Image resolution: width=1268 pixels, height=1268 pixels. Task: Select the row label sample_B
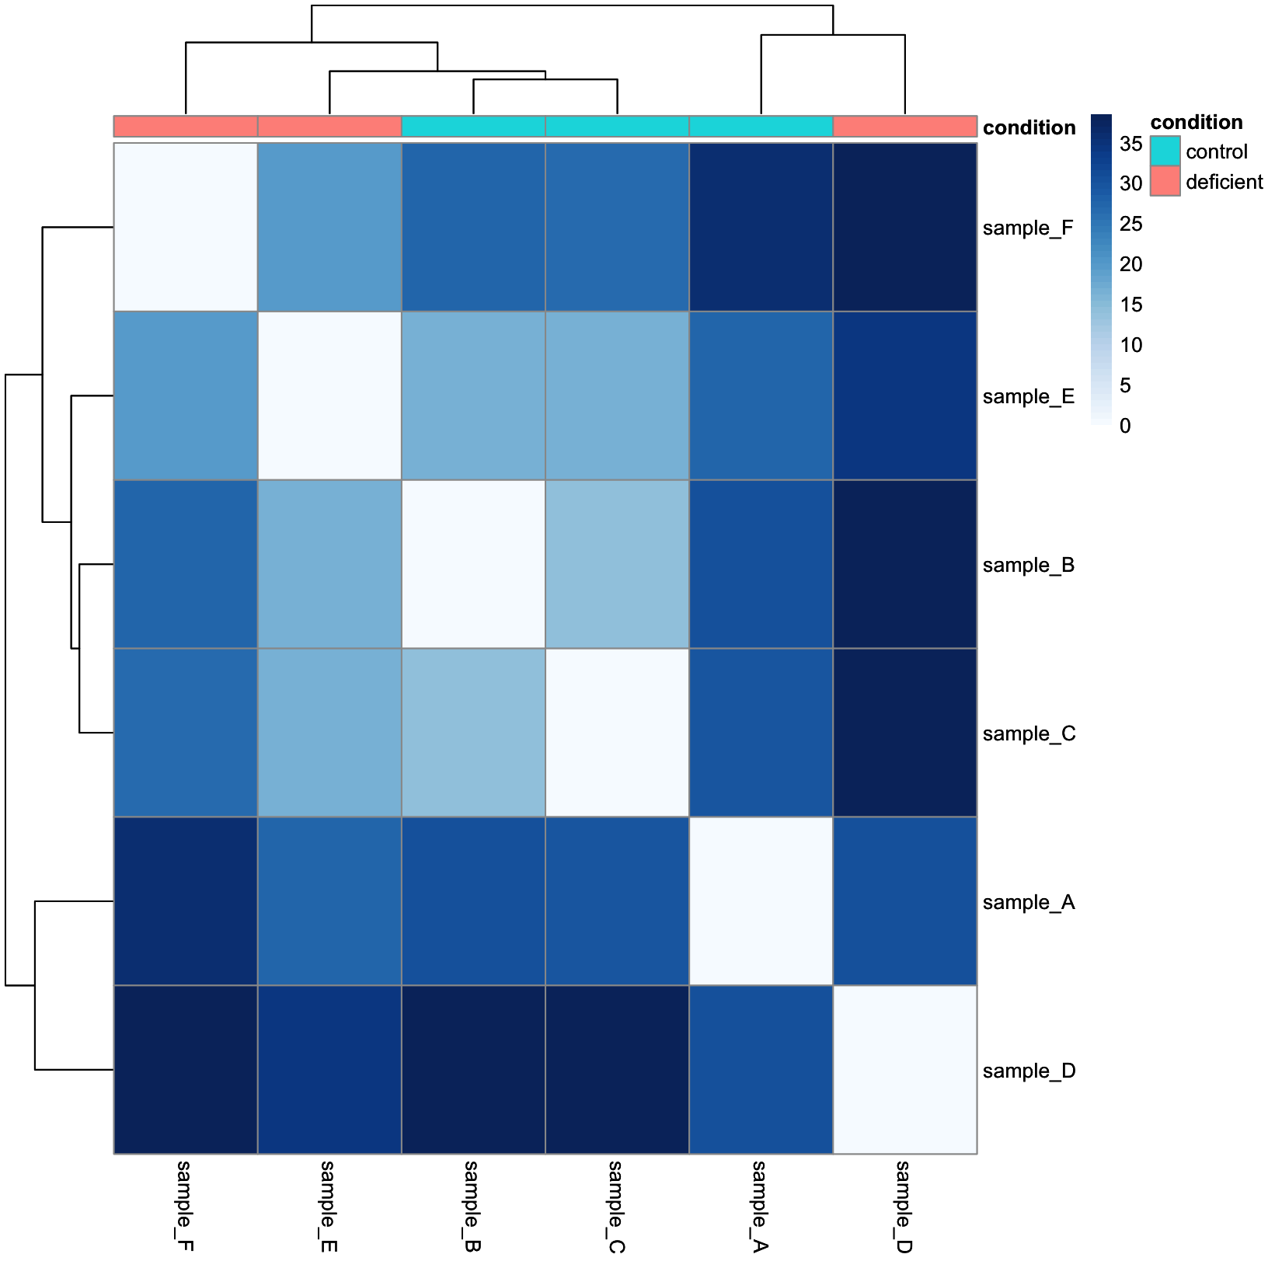tap(1028, 565)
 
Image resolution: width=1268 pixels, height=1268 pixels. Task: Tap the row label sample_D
tap(1029, 1071)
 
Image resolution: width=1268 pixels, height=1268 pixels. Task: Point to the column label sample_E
tap(329, 1207)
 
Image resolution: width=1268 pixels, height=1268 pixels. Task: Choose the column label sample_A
tap(760, 1207)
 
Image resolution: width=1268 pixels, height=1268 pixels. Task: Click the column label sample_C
tap(616, 1207)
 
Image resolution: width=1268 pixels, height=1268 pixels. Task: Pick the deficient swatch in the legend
tap(1165, 181)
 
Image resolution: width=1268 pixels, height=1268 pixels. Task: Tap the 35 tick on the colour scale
tap(1130, 144)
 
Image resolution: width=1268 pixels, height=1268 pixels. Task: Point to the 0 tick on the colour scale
tap(1124, 426)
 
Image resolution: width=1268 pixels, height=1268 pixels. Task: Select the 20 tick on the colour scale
tap(1130, 264)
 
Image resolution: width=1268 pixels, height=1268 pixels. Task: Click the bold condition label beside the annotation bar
tap(1029, 127)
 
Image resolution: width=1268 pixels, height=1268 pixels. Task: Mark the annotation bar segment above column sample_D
tap(904, 127)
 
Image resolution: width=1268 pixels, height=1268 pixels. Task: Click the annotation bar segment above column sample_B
tap(473, 127)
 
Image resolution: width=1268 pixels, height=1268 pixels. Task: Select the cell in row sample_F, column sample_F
tap(186, 227)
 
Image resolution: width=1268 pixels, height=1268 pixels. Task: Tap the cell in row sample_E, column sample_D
tap(904, 395)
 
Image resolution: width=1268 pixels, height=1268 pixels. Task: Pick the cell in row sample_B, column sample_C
tap(617, 564)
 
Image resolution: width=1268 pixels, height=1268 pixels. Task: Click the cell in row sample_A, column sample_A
tap(761, 901)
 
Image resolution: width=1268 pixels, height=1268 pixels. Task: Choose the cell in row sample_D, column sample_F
tap(186, 1070)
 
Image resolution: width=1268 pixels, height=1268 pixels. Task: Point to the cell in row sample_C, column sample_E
tap(329, 733)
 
